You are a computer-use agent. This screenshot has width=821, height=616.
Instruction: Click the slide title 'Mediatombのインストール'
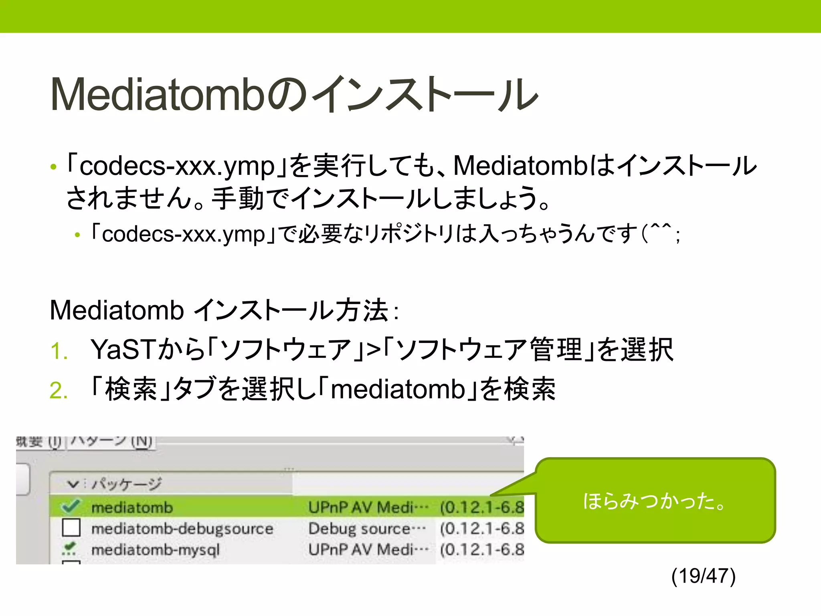click(x=294, y=95)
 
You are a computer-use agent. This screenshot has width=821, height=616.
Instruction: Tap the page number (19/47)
click(x=703, y=576)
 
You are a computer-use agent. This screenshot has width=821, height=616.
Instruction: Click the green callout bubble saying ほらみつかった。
click(x=655, y=501)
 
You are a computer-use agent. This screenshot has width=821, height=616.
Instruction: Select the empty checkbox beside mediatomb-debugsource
click(x=71, y=528)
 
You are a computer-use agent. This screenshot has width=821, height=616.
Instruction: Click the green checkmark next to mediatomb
click(x=71, y=507)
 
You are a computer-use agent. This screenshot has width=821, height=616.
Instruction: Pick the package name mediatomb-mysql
click(x=156, y=549)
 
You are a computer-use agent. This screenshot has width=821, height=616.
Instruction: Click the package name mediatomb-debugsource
click(x=182, y=529)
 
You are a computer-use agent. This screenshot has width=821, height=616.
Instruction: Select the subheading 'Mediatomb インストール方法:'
click(x=224, y=310)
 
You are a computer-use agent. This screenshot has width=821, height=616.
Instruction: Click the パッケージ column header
click(x=126, y=484)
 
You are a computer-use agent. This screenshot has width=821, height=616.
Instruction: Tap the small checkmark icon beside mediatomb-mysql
click(x=70, y=549)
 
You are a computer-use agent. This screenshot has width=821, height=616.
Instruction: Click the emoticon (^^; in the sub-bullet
click(x=660, y=233)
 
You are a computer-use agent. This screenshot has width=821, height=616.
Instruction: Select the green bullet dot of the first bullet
click(x=53, y=167)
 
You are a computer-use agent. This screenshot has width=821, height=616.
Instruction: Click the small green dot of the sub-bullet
click(x=77, y=235)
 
